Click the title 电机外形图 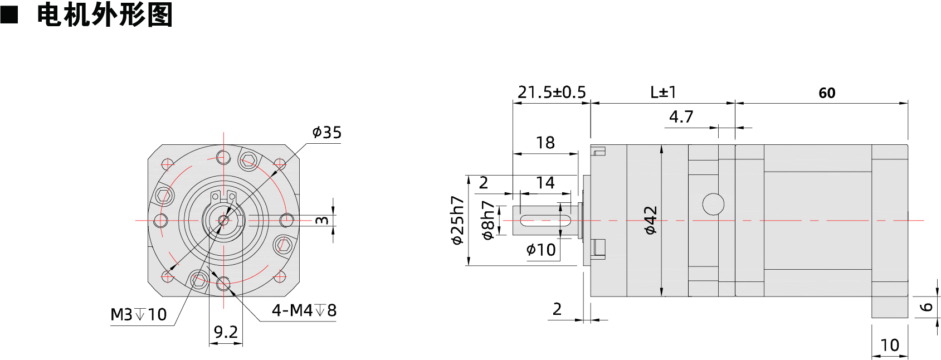tap(104, 14)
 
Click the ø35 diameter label tap(327, 133)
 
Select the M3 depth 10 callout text tap(139, 315)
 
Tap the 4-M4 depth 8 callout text tap(304, 310)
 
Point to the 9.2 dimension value tap(226, 332)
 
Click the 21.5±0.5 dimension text tap(552, 93)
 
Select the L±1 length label tap(663, 93)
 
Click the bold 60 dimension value tap(827, 93)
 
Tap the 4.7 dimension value tap(681, 117)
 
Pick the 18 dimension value tap(545, 143)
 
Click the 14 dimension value tap(545, 183)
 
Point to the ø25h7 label tap(457, 220)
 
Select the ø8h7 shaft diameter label tap(488, 220)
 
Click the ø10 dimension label tap(541, 250)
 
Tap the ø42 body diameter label tap(651, 220)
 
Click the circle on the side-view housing tap(713, 204)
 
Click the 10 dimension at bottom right tap(890, 346)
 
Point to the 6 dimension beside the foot tap(927, 307)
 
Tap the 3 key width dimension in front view tap(322, 220)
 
